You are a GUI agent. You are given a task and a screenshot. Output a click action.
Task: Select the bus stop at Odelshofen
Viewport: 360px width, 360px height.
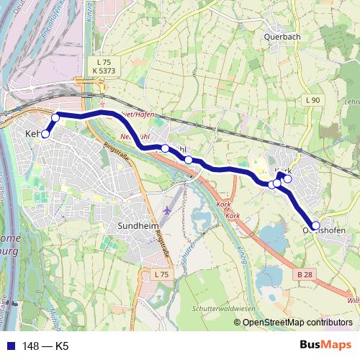pyautogui.click(x=315, y=225)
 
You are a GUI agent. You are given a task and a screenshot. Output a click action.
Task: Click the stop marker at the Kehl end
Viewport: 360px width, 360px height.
pyautogui.click(x=45, y=133)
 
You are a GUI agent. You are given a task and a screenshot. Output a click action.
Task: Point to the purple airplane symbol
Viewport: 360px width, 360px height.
pyautogui.click(x=168, y=210)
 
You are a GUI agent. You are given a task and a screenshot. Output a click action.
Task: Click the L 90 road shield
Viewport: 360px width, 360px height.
pyautogui.click(x=312, y=99)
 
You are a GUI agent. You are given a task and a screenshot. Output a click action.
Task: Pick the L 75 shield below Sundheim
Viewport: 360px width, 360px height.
pyautogui.click(x=161, y=274)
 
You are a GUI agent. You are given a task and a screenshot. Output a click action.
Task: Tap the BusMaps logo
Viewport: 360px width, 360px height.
pyautogui.click(x=325, y=346)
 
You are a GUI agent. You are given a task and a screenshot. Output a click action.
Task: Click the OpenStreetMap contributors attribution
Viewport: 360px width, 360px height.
pyautogui.click(x=297, y=322)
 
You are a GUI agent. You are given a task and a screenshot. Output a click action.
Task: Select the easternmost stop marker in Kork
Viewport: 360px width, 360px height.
pyautogui.click(x=288, y=179)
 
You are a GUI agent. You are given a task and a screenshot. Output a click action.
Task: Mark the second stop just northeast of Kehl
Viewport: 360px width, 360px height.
pyautogui.click(x=55, y=117)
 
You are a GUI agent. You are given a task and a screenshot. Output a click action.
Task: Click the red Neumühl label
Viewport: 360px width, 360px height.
pyautogui.click(x=132, y=136)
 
